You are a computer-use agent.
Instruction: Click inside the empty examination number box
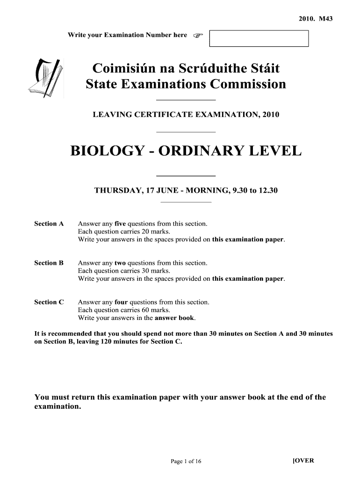point(259,38)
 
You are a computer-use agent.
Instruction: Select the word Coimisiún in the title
point(122,69)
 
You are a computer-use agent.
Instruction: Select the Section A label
point(49,224)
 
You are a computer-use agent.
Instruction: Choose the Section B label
point(49,263)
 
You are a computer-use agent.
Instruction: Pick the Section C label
point(49,302)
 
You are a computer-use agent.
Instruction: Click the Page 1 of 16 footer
point(186,462)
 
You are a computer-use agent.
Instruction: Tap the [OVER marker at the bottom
point(303,460)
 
